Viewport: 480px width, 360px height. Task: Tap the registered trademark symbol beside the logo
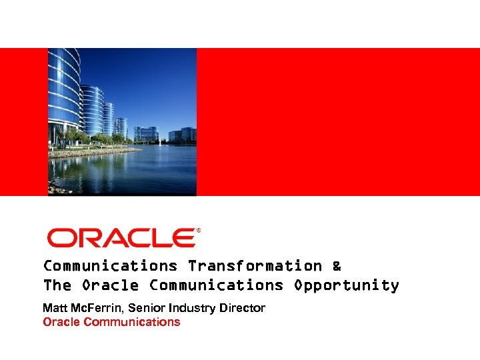click(x=198, y=230)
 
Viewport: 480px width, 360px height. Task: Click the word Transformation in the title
click(x=255, y=266)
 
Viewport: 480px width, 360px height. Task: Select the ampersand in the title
click(x=336, y=266)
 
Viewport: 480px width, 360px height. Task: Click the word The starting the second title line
click(x=57, y=285)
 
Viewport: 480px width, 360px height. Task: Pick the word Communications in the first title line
click(x=110, y=266)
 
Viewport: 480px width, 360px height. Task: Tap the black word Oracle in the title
click(x=110, y=285)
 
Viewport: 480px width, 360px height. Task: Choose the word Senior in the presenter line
click(x=145, y=308)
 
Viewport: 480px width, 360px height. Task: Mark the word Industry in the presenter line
click(x=190, y=308)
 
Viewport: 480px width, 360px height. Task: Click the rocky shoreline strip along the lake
click(x=93, y=153)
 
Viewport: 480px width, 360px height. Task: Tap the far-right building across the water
click(x=188, y=135)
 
